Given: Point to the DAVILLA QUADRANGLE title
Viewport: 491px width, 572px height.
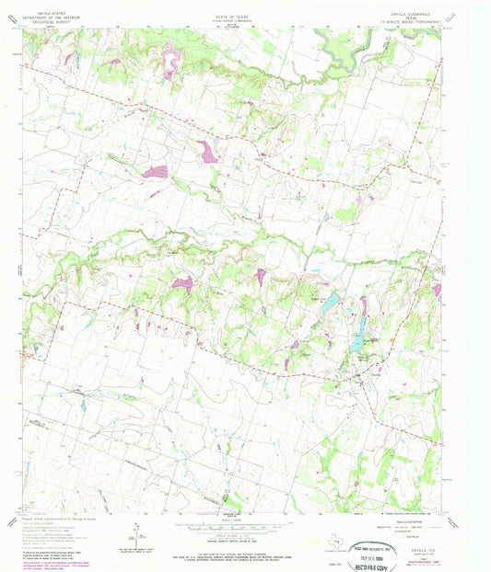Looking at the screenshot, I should pyautogui.click(x=414, y=5).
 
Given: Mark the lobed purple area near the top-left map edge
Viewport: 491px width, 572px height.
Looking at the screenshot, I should pyautogui.click(x=170, y=61).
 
